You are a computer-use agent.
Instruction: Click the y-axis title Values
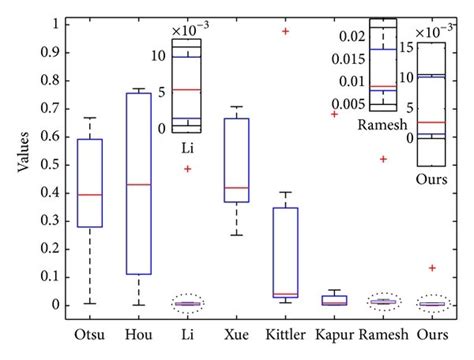click(22, 164)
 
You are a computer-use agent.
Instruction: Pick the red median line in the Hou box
click(139, 185)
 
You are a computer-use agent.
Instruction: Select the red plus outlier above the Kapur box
click(335, 114)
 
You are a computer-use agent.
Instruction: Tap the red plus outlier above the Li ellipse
click(187, 169)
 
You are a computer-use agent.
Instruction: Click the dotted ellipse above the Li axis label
click(187, 303)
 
